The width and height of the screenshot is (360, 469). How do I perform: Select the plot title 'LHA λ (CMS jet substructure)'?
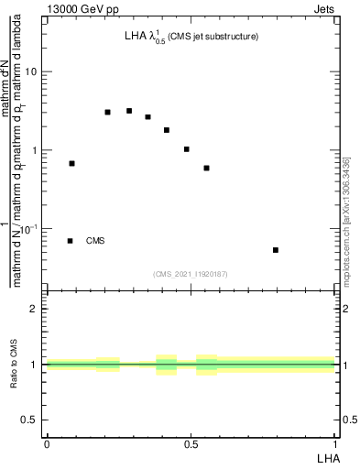click(191, 37)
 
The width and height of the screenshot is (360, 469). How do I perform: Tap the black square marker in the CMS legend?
click(71, 241)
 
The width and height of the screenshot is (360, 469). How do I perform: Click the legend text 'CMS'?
click(95, 241)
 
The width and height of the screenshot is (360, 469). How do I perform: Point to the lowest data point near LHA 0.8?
click(276, 250)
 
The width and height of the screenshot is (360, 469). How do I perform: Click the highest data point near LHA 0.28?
click(129, 111)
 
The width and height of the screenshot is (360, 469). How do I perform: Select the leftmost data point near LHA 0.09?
click(72, 163)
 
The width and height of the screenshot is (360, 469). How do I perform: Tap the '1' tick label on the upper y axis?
click(35, 150)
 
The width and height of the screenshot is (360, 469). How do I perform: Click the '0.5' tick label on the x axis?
click(191, 442)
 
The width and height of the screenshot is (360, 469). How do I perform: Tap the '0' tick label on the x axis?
click(47, 442)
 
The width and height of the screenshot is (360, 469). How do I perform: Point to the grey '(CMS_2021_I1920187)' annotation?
click(191, 274)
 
